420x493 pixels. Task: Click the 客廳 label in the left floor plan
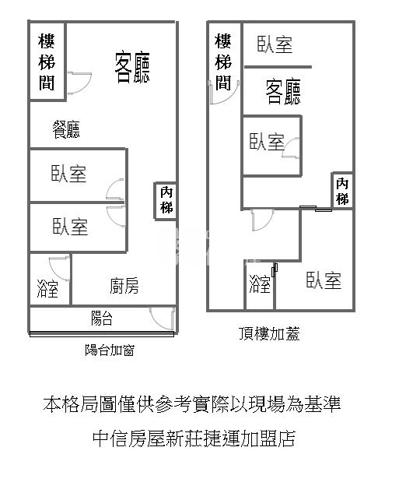[132, 68]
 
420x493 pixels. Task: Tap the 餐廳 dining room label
[66, 129]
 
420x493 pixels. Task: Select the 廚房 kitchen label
[124, 286]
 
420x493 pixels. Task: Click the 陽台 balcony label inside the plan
[102, 319]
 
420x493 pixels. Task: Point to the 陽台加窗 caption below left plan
[110, 350]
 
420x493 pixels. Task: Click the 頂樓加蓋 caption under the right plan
[269, 333]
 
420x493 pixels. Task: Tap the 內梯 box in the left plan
[166, 201]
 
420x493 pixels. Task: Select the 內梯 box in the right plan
[342, 191]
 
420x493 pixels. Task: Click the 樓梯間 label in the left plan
[47, 62]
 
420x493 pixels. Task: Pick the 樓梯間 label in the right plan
[223, 62]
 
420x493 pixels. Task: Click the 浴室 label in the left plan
[47, 288]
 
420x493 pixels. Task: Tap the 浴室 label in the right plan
[260, 284]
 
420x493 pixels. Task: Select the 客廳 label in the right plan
[283, 91]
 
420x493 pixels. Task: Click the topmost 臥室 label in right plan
[275, 44]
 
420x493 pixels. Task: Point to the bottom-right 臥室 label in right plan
[324, 280]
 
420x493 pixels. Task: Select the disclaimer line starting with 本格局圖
[192, 404]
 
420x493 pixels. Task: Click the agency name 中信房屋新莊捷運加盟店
[194, 438]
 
